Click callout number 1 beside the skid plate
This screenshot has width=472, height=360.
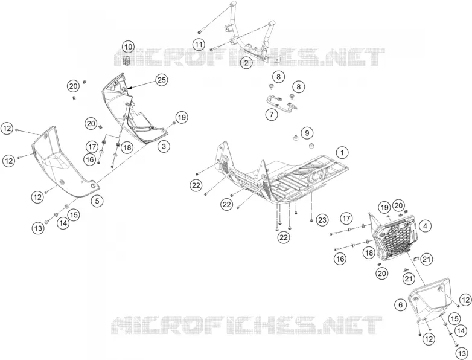click(x=342, y=152)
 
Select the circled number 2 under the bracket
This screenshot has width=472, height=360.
click(x=246, y=63)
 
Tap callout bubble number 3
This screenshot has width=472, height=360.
click(x=164, y=146)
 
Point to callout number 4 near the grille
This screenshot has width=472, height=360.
click(x=425, y=226)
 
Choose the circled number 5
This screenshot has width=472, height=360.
click(x=97, y=201)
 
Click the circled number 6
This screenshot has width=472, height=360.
click(x=400, y=305)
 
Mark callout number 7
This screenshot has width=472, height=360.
click(x=272, y=115)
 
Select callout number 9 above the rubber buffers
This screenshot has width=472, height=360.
click(x=307, y=133)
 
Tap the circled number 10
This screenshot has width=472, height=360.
click(x=129, y=47)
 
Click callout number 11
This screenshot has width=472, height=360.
click(x=199, y=45)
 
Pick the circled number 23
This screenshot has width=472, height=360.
click(x=322, y=220)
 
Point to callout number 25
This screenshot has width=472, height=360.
click(x=162, y=80)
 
